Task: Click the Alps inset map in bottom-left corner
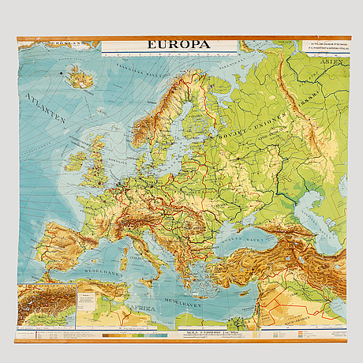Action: (45, 305)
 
